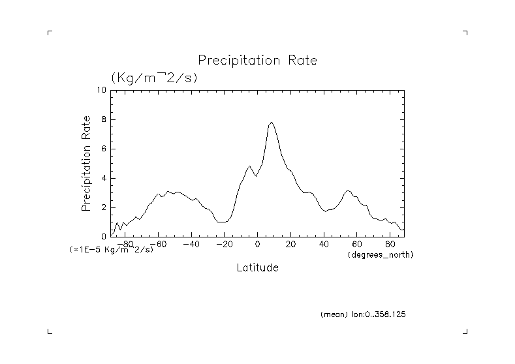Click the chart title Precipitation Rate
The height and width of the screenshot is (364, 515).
tap(257, 61)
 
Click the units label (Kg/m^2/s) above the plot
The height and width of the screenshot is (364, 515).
tap(154, 77)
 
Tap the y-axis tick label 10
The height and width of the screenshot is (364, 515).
tap(101, 90)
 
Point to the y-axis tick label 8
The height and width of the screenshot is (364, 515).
tap(103, 119)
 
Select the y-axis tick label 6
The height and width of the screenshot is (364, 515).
tap(103, 149)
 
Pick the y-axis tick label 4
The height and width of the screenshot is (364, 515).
tap(103, 178)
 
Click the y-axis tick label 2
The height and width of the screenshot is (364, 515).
tap(103, 207)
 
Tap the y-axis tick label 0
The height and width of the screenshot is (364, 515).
tap(103, 237)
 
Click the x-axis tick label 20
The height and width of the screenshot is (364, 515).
tap(291, 244)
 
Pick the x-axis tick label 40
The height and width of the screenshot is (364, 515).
tap(324, 244)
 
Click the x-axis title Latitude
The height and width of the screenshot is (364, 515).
tap(257, 267)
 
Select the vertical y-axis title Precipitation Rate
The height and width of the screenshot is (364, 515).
tap(86, 163)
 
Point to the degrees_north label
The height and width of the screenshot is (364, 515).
tap(381, 254)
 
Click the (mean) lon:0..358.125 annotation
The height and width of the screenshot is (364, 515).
tap(364, 314)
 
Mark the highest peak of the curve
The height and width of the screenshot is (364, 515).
tap(272, 122)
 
